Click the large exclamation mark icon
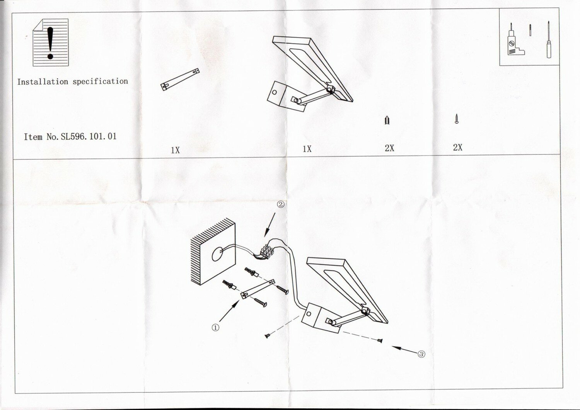(50, 43)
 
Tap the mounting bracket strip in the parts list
(180, 80)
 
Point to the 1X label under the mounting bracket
(175, 150)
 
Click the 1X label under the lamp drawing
(307, 149)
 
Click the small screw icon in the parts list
(457, 119)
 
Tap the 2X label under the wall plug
(389, 148)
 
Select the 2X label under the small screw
(457, 147)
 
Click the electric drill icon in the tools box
(513, 44)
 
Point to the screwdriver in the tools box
(548, 41)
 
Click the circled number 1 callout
(215, 327)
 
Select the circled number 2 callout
(281, 205)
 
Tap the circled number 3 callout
(421, 354)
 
